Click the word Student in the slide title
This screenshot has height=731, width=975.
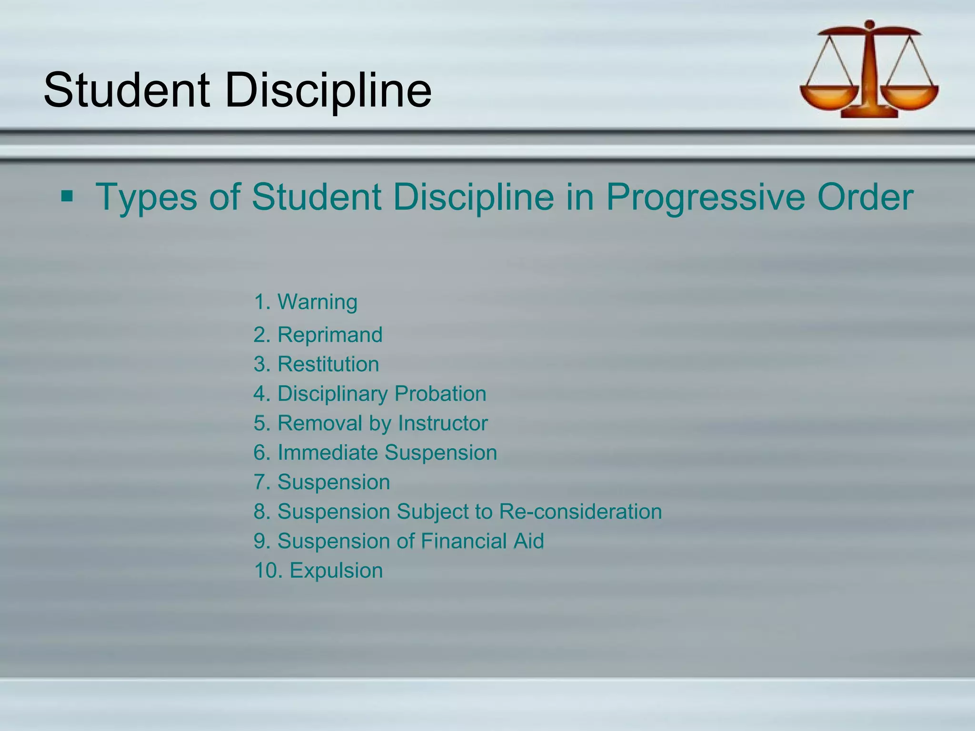click(127, 89)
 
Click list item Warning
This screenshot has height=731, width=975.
click(317, 302)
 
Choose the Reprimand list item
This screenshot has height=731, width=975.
click(329, 335)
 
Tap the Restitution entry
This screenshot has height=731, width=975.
click(328, 364)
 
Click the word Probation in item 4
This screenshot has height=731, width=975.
click(440, 394)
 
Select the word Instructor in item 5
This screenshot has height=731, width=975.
click(443, 423)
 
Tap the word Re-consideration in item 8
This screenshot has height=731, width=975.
click(580, 512)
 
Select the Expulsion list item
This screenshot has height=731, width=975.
click(336, 571)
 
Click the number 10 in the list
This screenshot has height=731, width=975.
click(266, 571)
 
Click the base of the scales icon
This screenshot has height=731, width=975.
click(869, 113)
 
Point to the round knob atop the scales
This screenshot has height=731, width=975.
click(870, 24)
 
